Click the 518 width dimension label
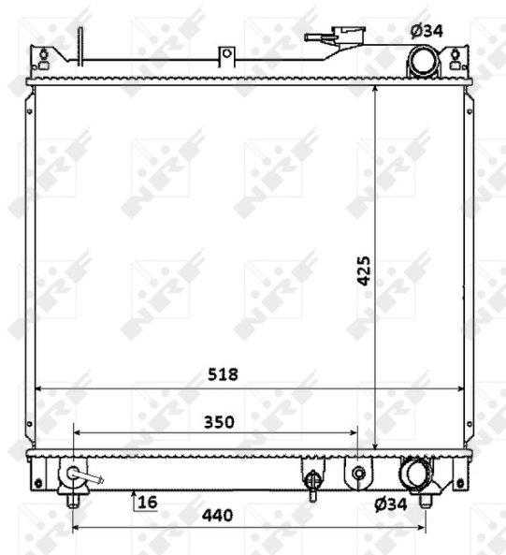pyautogui.click(x=223, y=374)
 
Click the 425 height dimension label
pyautogui.click(x=364, y=270)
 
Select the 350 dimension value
pyautogui.click(x=219, y=422)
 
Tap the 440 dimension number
pyautogui.click(x=218, y=516)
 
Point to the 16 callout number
pyautogui.click(x=148, y=502)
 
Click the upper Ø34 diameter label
pyautogui.click(x=426, y=31)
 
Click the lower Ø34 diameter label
pyautogui.click(x=391, y=504)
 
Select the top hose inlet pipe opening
pyautogui.click(x=424, y=61)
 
